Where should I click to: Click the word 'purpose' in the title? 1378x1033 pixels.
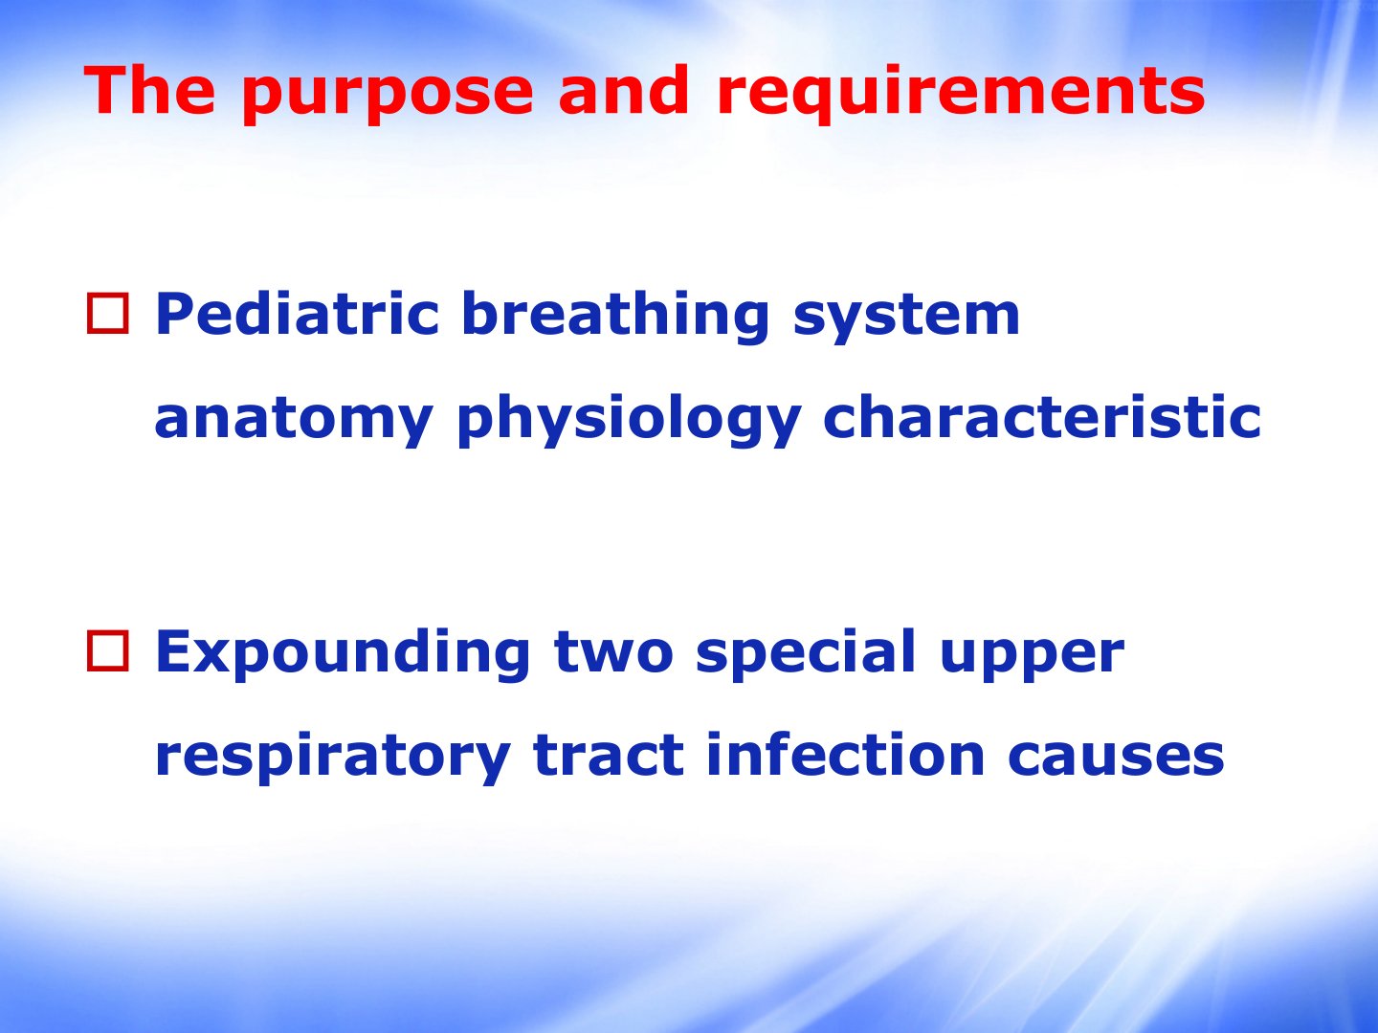[x=388, y=95]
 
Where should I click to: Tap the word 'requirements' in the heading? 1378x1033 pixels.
[x=961, y=95]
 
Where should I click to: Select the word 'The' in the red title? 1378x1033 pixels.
[x=149, y=90]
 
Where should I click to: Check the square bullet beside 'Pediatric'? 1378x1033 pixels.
[x=108, y=314]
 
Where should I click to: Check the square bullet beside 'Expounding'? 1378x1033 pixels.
[x=108, y=651]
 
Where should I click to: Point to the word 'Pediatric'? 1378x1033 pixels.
[x=297, y=313]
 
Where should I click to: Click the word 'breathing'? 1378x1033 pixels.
[x=615, y=317]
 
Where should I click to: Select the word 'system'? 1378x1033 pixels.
[x=906, y=319]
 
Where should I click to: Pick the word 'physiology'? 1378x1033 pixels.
[x=629, y=420]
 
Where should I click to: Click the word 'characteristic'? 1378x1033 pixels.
[x=1042, y=416]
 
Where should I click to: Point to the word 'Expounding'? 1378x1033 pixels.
[x=343, y=654]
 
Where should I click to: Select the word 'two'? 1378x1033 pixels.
[x=614, y=653]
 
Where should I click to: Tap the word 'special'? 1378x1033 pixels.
[x=806, y=654]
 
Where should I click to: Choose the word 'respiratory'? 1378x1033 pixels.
[x=333, y=757]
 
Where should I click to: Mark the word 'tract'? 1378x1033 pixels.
[x=609, y=756]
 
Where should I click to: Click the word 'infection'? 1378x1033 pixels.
[x=845, y=754]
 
